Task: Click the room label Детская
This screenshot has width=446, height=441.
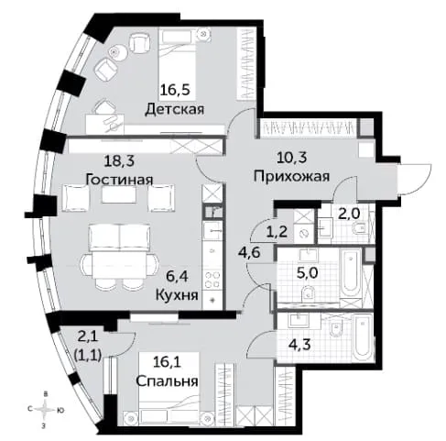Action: (174, 109)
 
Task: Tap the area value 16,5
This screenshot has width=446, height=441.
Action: (175, 90)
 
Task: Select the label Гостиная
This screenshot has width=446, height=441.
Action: (119, 180)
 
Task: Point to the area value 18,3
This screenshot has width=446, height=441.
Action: (119, 160)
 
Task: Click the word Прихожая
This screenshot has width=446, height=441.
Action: (291, 177)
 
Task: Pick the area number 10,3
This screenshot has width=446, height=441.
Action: (292, 158)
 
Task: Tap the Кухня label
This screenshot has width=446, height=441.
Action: (177, 295)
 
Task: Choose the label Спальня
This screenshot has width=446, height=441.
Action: (167, 381)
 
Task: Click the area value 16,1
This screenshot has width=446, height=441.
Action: (167, 363)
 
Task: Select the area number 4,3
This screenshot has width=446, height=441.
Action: (299, 345)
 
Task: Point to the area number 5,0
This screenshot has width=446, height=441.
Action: (307, 273)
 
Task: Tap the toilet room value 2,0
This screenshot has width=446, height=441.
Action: (349, 214)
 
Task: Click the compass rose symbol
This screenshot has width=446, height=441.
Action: (46, 410)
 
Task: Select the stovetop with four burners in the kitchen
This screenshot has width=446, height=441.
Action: (212, 280)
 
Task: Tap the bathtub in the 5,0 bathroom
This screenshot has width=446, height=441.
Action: (351, 275)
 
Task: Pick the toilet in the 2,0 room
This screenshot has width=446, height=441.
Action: (360, 228)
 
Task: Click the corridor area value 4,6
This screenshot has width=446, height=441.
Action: (250, 253)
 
